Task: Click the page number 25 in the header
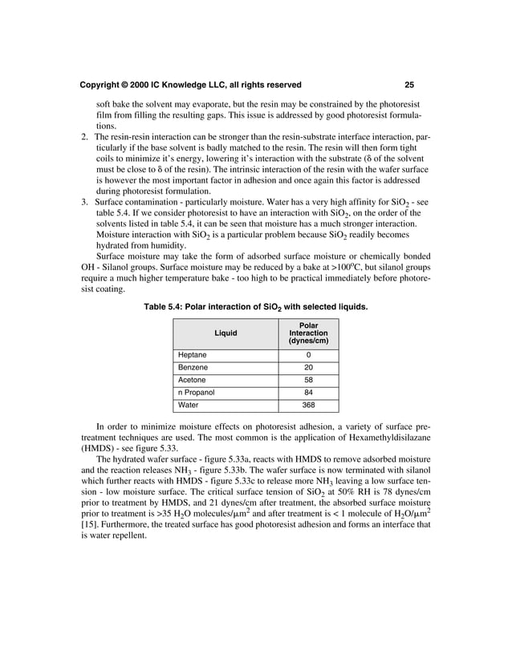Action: click(x=409, y=85)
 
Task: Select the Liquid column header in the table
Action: click(x=226, y=333)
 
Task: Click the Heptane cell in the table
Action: click(x=193, y=354)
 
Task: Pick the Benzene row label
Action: click(x=193, y=367)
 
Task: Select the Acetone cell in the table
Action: click(x=193, y=380)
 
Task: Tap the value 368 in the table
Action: click(x=308, y=406)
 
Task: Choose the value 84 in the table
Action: click(x=308, y=393)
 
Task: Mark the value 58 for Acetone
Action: click(x=308, y=380)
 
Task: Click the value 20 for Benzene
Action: click(x=308, y=367)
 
